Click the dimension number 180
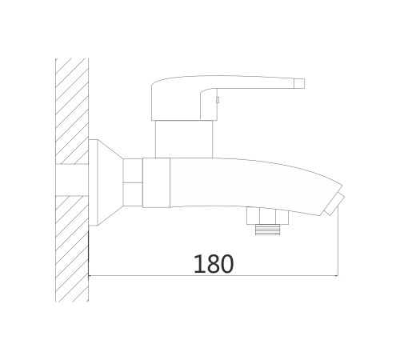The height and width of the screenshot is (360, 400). [214, 264]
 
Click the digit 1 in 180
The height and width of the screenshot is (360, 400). [199, 264]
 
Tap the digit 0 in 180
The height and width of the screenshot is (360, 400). [227, 264]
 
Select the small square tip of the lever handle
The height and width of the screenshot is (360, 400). [299, 83]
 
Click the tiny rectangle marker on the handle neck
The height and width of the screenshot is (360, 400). [218, 100]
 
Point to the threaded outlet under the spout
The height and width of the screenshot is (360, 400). [268, 230]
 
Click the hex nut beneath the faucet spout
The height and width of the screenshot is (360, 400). [267, 215]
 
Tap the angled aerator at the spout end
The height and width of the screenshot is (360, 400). [334, 204]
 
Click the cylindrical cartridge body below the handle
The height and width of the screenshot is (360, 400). [184, 139]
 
